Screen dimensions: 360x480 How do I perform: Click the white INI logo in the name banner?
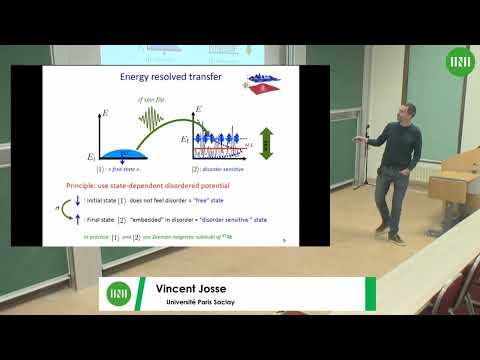[119, 295]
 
